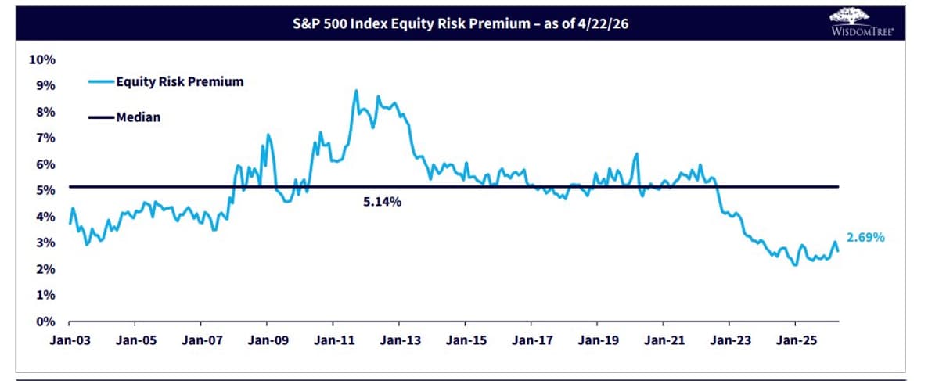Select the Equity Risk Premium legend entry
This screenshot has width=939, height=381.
pos(179,81)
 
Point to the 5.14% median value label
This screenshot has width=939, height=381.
pos(382,202)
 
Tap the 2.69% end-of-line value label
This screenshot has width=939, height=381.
pos(865,237)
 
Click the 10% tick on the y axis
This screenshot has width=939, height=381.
pos(41,59)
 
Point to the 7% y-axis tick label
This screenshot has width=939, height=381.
pos(45,138)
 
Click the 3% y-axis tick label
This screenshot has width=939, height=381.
pos(45,243)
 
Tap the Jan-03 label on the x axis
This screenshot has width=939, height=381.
pos(69,342)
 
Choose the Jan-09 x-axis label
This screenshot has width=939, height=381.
pos(267,342)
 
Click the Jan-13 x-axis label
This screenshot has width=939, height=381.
pos(399,342)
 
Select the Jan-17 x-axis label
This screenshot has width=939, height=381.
pos(531,342)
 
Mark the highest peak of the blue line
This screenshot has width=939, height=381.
pos(356,91)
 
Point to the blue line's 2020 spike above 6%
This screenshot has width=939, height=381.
pos(637,154)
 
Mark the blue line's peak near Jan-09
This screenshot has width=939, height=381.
pos(268,135)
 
